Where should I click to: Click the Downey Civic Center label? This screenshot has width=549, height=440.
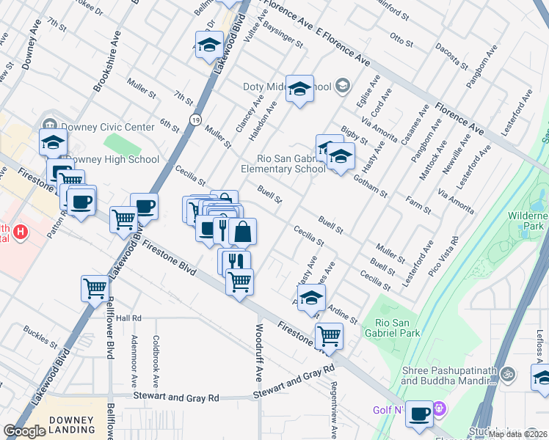(x=108, y=127)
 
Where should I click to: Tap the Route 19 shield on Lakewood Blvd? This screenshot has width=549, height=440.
(x=194, y=119)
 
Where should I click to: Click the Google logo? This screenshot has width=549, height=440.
(x=24, y=432)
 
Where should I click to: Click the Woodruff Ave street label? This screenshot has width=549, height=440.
(x=259, y=353)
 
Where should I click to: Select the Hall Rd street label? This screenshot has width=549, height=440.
(x=128, y=318)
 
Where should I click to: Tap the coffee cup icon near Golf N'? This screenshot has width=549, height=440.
(x=419, y=414)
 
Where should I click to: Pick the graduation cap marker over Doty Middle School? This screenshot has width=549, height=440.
(x=299, y=89)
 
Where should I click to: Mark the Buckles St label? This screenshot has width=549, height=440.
(x=40, y=337)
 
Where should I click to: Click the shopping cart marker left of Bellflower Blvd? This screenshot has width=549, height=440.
(x=95, y=288)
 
